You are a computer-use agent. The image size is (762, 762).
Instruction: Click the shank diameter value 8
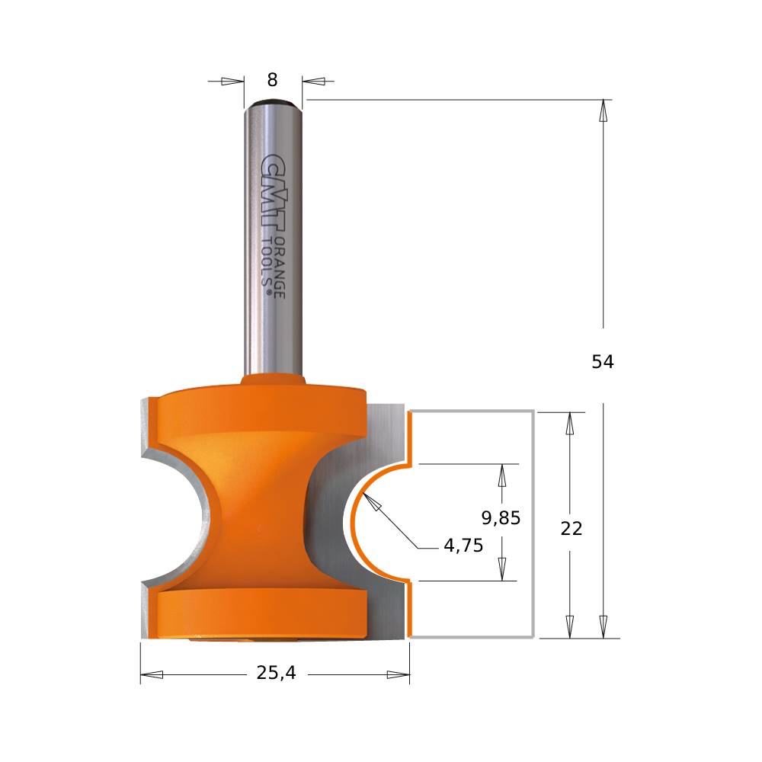(273, 80)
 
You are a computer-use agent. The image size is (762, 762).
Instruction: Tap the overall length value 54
(603, 362)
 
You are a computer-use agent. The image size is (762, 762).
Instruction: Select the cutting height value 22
(571, 528)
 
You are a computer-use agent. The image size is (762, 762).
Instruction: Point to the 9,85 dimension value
(501, 518)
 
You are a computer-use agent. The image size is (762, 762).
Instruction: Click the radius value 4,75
(463, 546)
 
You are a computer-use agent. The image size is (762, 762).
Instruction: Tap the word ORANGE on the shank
(280, 267)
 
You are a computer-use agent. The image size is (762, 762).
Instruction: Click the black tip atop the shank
(273, 101)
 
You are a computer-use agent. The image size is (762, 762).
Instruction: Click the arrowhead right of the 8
(314, 81)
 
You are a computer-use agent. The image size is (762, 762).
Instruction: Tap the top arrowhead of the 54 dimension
(604, 110)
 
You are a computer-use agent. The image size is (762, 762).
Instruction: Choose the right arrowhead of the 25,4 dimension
(398, 674)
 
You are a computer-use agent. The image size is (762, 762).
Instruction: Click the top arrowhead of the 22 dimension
(568, 423)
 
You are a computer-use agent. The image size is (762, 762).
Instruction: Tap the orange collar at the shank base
(273, 379)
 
